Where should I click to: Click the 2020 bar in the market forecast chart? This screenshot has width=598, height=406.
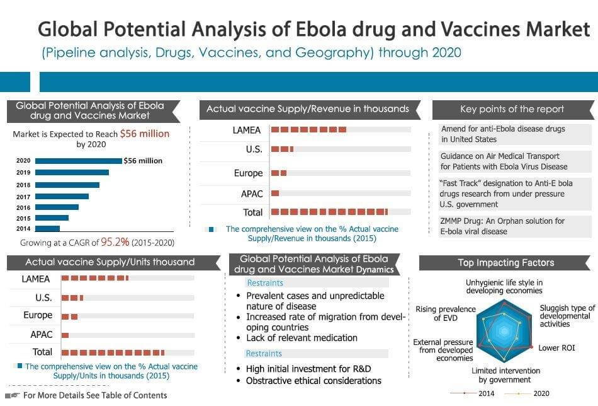(x=78, y=161)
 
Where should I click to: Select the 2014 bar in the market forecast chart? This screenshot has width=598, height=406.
(x=47, y=229)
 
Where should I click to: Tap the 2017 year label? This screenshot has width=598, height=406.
(x=23, y=196)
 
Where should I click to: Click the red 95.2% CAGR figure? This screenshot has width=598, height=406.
(x=115, y=242)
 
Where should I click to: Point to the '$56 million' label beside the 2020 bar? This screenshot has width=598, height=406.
(x=143, y=161)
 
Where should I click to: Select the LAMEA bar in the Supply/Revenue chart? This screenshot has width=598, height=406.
(x=308, y=130)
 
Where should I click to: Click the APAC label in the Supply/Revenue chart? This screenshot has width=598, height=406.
(x=252, y=194)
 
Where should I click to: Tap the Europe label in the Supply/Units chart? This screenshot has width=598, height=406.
(x=38, y=315)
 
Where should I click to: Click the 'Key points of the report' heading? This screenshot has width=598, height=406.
(x=512, y=109)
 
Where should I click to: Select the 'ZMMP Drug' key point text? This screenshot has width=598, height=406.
(x=502, y=226)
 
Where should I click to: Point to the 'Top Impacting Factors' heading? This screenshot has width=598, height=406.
(x=505, y=263)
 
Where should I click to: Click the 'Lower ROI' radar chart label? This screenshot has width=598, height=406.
(x=556, y=347)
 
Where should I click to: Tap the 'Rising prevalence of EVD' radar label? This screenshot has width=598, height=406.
(x=445, y=313)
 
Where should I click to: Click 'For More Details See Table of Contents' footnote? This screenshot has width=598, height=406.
(x=94, y=395)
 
